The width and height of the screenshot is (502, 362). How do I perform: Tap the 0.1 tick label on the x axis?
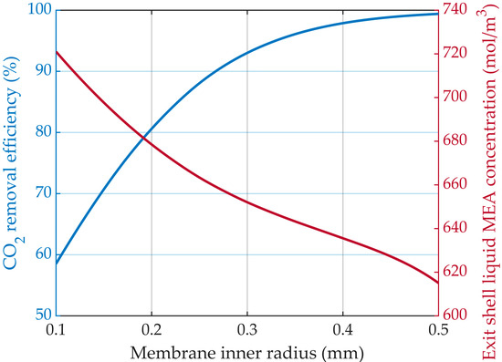57,327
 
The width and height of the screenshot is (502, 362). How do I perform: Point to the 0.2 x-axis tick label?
152,327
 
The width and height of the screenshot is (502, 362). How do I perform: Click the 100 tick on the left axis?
37,10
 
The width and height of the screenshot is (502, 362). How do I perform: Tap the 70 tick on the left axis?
41,193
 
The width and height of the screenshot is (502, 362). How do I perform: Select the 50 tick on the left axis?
41,315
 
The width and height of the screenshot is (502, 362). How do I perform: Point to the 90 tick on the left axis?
41,71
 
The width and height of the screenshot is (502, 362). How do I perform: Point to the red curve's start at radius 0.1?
57,51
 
